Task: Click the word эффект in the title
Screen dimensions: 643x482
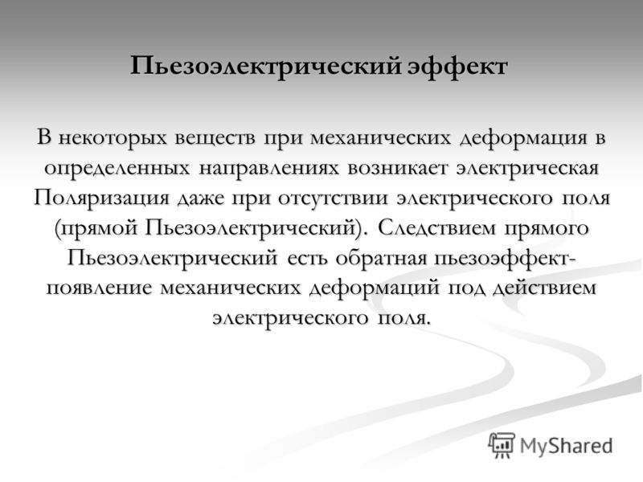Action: (x=457, y=66)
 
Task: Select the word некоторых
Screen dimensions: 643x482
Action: (x=113, y=137)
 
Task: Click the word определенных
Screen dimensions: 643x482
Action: (x=117, y=168)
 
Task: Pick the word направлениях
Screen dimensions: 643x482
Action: (x=269, y=168)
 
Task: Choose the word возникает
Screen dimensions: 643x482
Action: (x=396, y=168)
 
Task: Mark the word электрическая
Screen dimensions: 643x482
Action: (x=527, y=168)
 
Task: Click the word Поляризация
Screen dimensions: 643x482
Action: (x=101, y=198)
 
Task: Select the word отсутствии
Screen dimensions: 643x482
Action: (x=333, y=198)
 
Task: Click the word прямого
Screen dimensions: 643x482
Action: (x=547, y=229)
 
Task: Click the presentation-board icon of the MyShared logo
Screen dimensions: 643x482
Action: (x=502, y=445)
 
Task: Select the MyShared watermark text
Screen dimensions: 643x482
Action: (x=566, y=446)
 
